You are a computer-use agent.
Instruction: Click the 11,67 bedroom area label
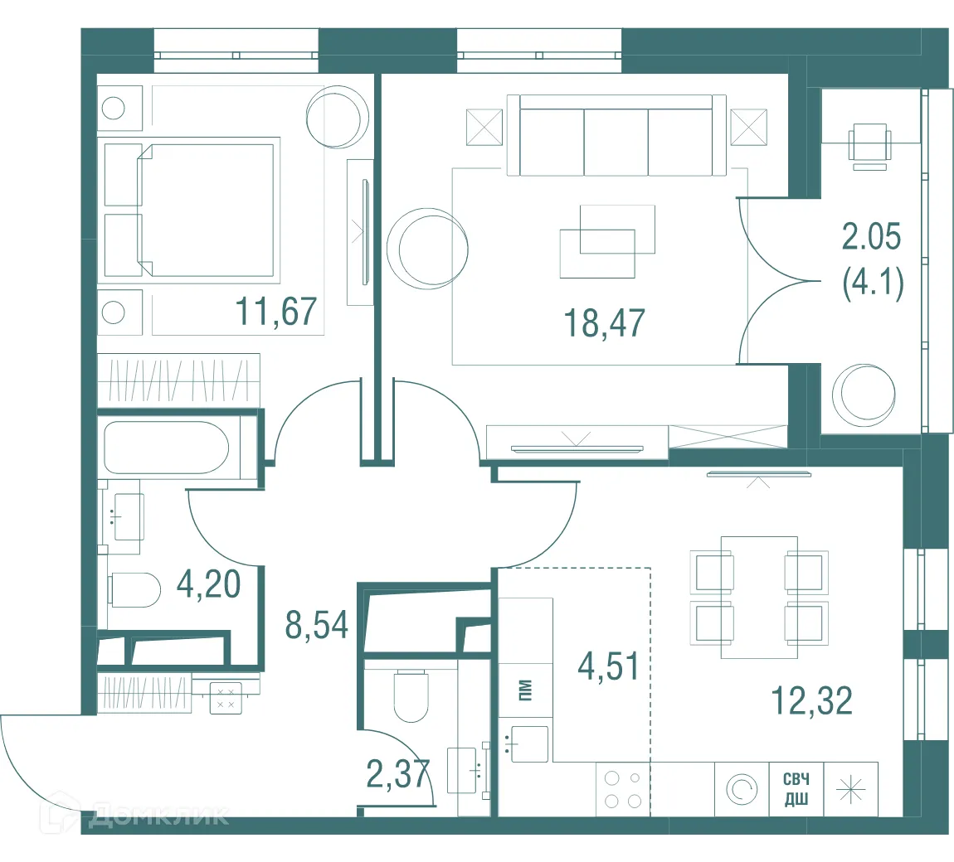click(275, 312)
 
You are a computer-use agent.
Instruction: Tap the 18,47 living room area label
click(604, 322)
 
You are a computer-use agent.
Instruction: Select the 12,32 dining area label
click(811, 700)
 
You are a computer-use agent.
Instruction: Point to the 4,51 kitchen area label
click(608, 666)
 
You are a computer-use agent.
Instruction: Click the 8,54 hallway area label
click(316, 624)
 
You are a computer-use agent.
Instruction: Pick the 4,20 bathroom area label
click(209, 584)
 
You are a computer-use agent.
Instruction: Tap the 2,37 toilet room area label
click(398, 774)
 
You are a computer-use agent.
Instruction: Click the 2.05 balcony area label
click(871, 236)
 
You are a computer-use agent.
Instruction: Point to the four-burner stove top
click(623, 789)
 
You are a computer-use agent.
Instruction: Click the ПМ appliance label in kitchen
click(525, 690)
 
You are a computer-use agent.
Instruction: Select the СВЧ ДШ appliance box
click(796, 788)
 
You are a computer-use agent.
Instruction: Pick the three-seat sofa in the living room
click(616, 136)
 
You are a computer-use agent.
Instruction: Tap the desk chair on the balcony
click(871, 146)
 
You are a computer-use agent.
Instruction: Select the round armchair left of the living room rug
click(428, 249)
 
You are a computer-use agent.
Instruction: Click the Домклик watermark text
click(158, 816)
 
